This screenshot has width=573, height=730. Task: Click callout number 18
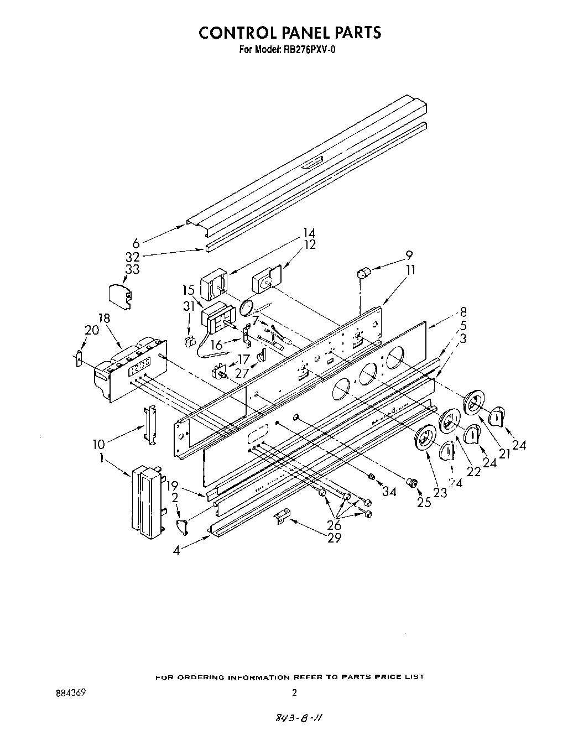pyautogui.click(x=104, y=319)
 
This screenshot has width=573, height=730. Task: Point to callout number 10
pyautogui.click(x=98, y=444)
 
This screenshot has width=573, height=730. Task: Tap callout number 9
pyautogui.click(x=408, y=255)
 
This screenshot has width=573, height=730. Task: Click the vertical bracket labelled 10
pyautogui.click(x=148, y=424)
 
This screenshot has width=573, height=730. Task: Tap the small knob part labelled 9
pyautogui.click(x=363, y=272)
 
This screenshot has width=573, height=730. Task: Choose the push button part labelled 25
pyautogui.click(x=411, y=483)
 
